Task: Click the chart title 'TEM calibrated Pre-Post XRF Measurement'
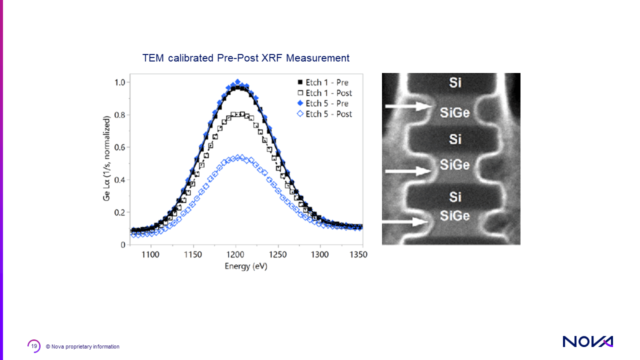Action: (x=245, y=58)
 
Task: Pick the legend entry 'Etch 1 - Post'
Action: (x=328, y=93)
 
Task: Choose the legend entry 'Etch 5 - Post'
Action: (x=328, y=114)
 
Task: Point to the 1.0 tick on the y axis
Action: (x=120, y=82)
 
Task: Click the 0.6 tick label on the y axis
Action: (x=120, y=147)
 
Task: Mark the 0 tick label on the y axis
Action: (x=123, y=245)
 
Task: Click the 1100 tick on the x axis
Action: (x=150, y=254)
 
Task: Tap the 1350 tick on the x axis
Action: (x=357, y=254)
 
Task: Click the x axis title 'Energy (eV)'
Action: (x=246, y=266)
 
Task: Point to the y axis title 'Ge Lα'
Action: (x=106, y=158)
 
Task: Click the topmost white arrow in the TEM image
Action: (x=408, y=106)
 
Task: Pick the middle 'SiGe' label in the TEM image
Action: (x=454, y=164)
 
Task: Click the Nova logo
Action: (x=587, y=341)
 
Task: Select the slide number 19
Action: (x=34, y=346)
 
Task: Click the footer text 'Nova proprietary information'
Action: (x=85, y=346)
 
